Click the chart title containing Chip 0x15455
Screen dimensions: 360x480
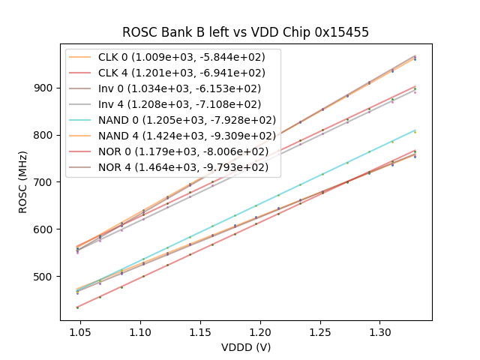point(245,32)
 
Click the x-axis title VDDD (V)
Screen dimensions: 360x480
point(245,346)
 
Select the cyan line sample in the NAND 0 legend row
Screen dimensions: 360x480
point(81,120)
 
